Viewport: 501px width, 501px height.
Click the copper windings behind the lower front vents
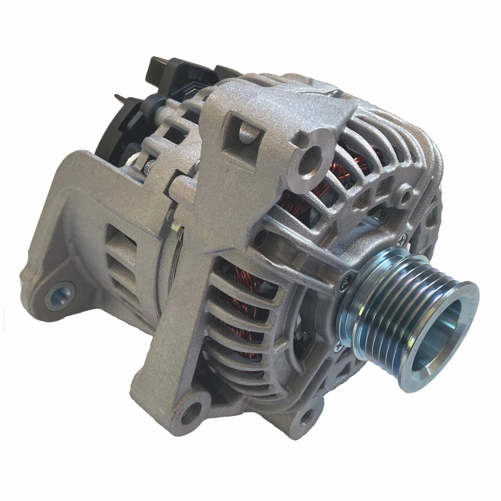243,313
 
